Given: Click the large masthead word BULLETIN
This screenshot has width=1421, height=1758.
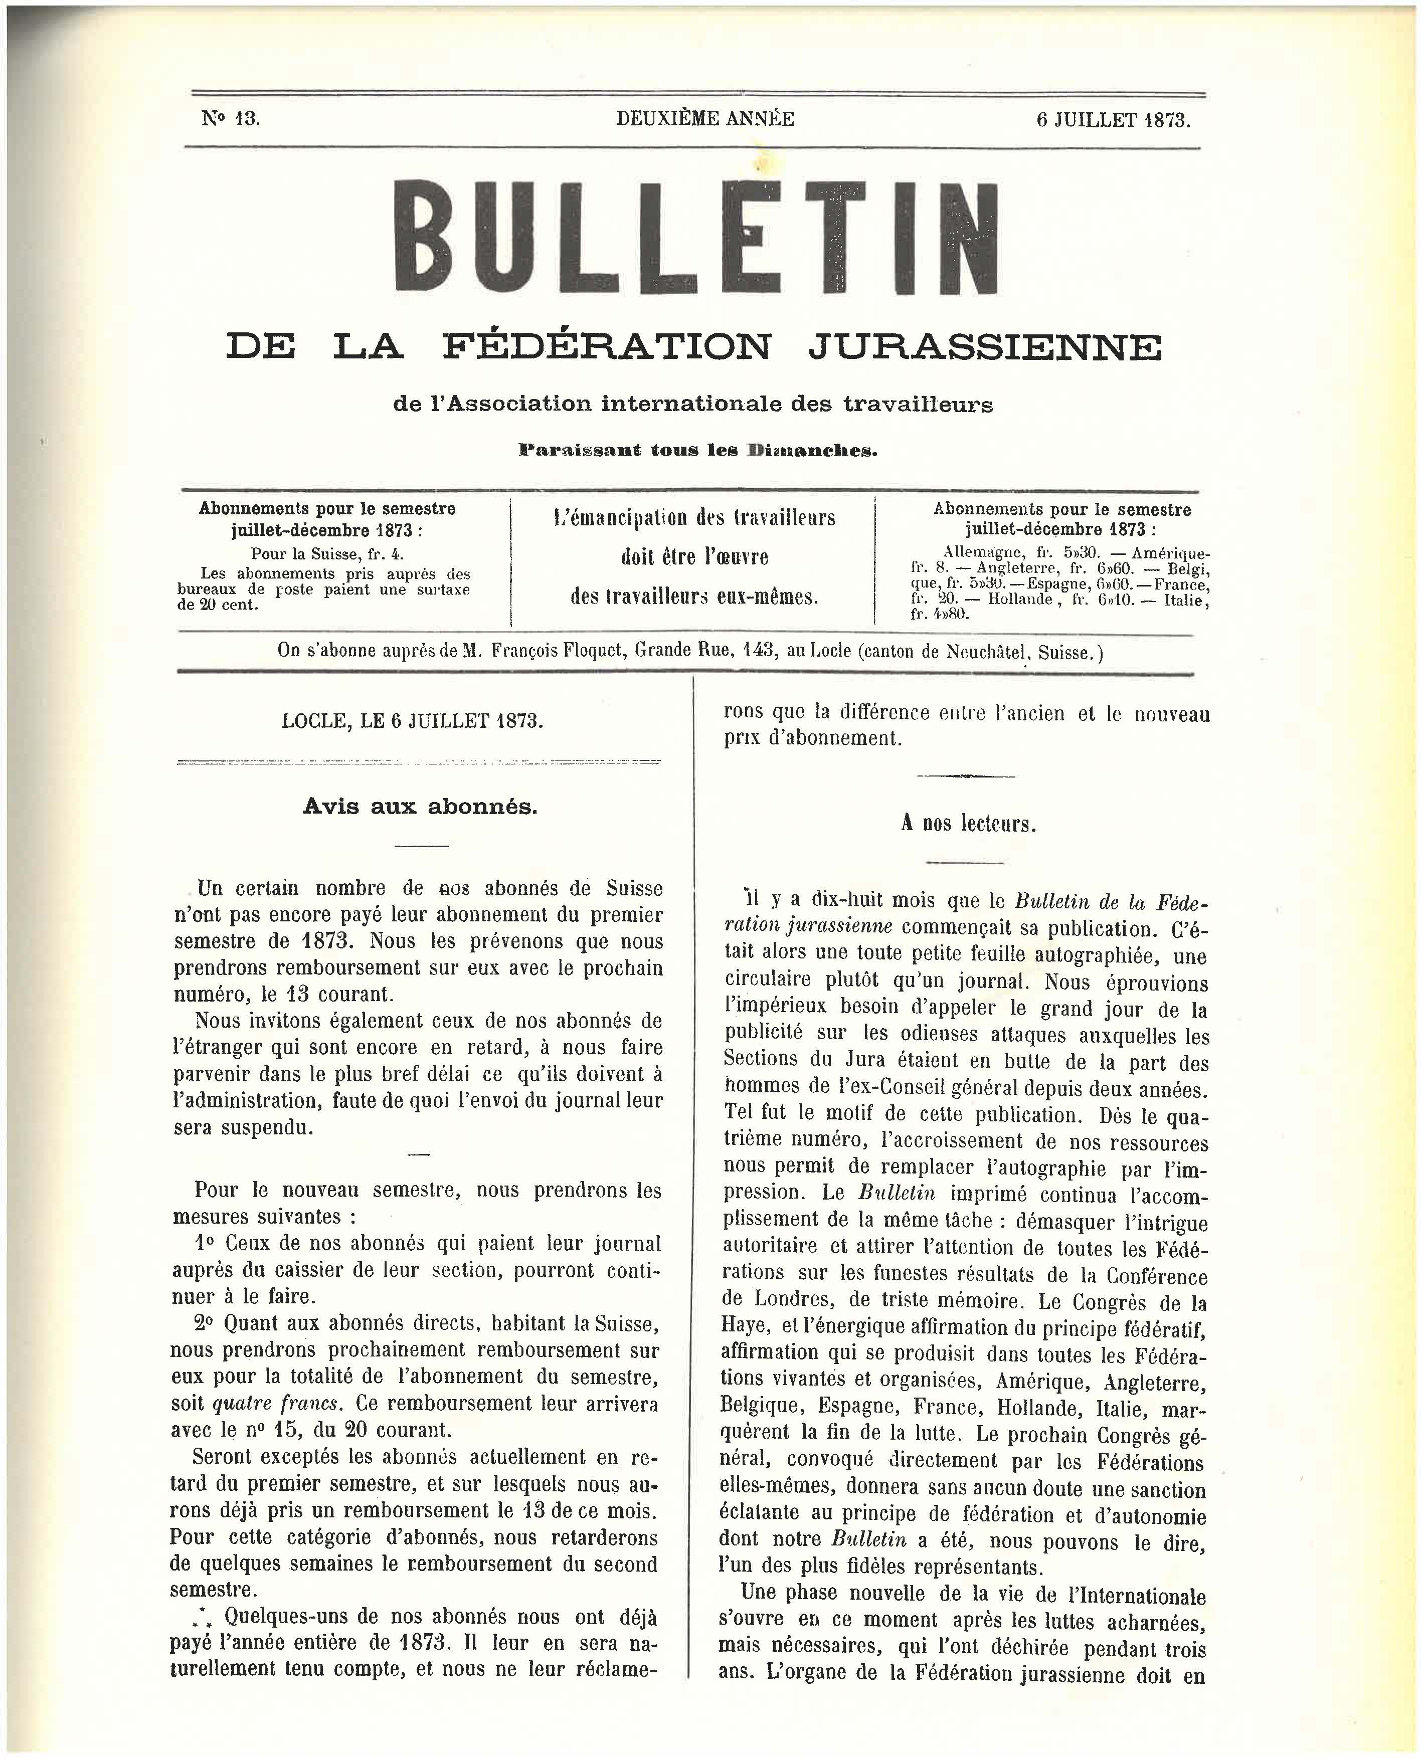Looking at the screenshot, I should [696, 237].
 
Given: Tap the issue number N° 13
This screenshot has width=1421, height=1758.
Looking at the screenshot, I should [230, 119].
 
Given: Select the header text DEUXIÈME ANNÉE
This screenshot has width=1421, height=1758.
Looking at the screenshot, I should [705, 119].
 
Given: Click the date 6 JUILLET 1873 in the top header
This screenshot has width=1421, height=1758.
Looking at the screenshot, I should [1113, 120].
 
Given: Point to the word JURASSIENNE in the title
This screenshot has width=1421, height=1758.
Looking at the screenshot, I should [984, 346].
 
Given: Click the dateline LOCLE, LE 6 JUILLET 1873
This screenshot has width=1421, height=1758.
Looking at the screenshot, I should [412, 721].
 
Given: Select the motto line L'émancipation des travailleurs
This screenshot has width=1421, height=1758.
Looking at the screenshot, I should [694, 518].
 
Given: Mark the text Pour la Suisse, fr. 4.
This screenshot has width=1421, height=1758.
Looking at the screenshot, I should [326, 554].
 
